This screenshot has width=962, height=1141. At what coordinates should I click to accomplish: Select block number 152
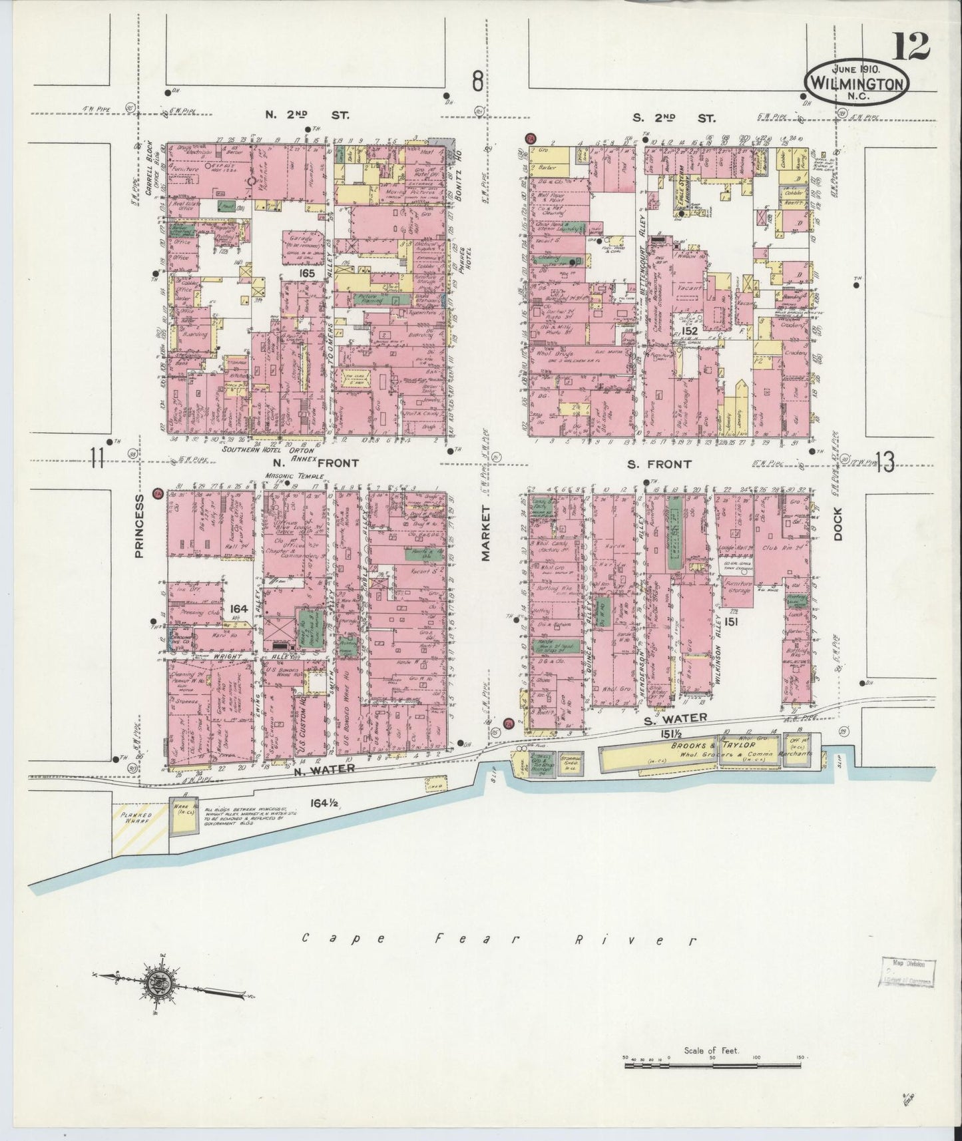click(689, 330)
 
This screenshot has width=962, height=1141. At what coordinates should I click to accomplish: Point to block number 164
click(238, 608)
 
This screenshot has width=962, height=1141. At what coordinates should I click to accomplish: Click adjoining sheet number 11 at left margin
click(98, 459)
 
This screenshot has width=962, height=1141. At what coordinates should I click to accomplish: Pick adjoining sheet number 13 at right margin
click(885, 462)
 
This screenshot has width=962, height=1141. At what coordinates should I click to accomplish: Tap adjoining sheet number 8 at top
click(477, 83)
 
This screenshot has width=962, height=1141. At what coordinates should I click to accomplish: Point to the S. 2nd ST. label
click(674, 118)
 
